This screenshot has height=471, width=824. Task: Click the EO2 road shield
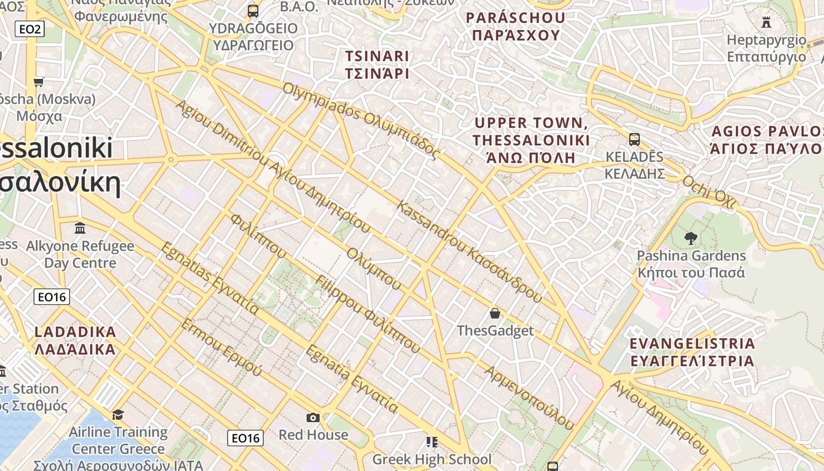pos(29,28)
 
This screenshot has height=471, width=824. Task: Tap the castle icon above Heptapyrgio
pos(766,22)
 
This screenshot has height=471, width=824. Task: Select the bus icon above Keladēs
pos(634,140)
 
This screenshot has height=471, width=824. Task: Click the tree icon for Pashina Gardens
pos(691,238)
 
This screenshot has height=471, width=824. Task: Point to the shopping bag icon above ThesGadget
pos(495,313)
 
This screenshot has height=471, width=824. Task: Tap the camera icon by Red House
pos(313,417)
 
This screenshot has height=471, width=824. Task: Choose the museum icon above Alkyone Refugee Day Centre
pos(80,228)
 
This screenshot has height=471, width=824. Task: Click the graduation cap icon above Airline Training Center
pos(118,414)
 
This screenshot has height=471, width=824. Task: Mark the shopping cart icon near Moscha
pos(39,82)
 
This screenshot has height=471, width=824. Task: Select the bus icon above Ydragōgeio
pos(253,11)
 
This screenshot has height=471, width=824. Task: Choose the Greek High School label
pos(431,459)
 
